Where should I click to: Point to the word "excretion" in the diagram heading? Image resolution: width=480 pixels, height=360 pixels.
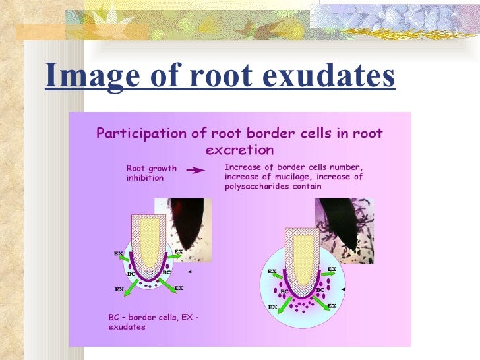(239, 149)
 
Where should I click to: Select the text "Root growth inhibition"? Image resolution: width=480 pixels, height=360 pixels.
(152, 172)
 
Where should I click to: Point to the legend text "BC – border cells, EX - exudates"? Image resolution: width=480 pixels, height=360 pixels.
(153, 322)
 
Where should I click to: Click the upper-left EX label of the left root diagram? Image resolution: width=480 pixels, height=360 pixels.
(118, 253)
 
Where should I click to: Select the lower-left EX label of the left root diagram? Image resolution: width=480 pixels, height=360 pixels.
(119, 289)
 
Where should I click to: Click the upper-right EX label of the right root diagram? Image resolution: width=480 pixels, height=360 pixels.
(332, 269)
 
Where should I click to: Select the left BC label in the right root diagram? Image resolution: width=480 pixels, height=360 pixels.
(284, 291)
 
